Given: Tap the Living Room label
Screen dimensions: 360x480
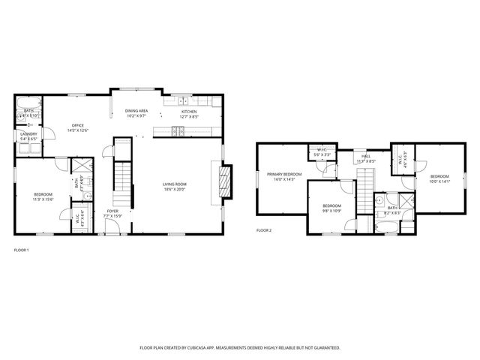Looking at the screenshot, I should (175, 184).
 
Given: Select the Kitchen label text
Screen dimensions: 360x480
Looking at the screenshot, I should (188, 111).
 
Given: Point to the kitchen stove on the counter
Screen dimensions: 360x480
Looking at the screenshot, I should (178, 132).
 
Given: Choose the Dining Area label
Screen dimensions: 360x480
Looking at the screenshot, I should (136, 111).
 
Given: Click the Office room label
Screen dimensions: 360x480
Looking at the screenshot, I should (77, 125).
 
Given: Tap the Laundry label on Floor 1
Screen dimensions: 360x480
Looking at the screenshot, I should (28, 133).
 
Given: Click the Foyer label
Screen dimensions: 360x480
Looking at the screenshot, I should (112, 211).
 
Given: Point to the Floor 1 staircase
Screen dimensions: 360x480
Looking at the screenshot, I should (121, 187).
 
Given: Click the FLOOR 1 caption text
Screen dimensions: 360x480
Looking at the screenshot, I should (22, 250).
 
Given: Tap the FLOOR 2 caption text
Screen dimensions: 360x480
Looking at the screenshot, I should (264, 230).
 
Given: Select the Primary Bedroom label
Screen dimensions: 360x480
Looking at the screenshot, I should (284, 174).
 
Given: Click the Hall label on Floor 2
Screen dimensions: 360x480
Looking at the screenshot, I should (366, 156).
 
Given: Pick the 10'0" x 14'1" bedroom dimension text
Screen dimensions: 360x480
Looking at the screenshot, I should (441, 181).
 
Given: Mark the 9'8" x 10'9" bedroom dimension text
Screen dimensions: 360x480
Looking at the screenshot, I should (332, 211).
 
